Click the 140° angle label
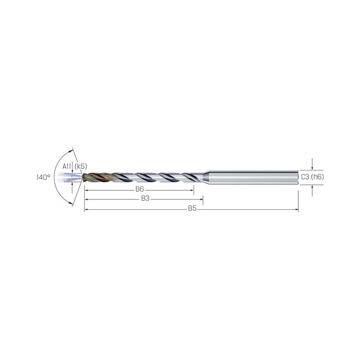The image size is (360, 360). coord(43,177)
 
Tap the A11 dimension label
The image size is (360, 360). coord(67,166)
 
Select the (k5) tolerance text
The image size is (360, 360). coord(81,166)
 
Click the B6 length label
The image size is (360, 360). coord(139,189)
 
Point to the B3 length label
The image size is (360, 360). coord(145,198)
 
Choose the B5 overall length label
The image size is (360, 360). coord(192,208)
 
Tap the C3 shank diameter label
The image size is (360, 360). coord(305,177)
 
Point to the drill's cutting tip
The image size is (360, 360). coord(83,177)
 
